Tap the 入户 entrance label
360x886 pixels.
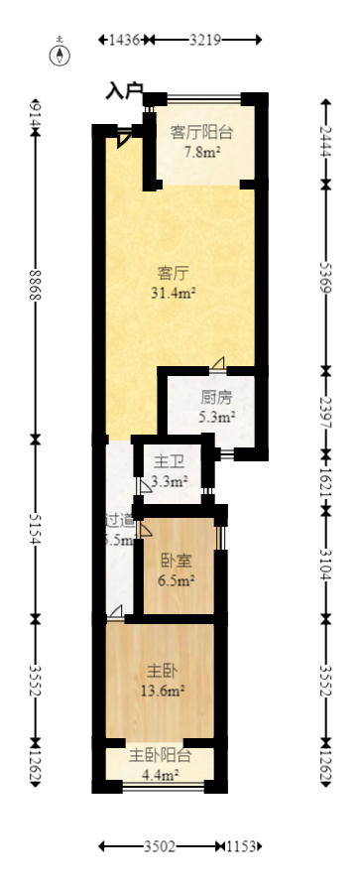125,90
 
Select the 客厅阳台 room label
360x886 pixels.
201,131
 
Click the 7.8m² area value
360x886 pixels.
201,152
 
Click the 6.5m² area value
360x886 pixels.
176,579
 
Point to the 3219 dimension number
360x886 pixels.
205,40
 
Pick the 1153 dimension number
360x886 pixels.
241,846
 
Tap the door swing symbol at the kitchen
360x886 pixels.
217,363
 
